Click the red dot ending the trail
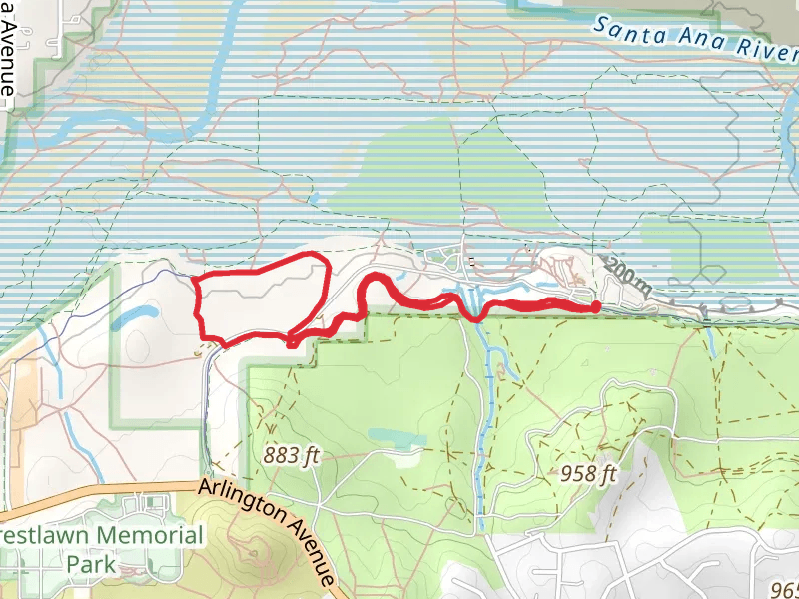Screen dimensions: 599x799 point(596,306)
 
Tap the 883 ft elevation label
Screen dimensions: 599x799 point(292,456)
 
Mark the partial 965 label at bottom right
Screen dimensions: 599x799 point(785,590)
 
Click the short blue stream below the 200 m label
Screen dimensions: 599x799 point(711,342)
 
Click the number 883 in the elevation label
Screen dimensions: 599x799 point(281,456)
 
